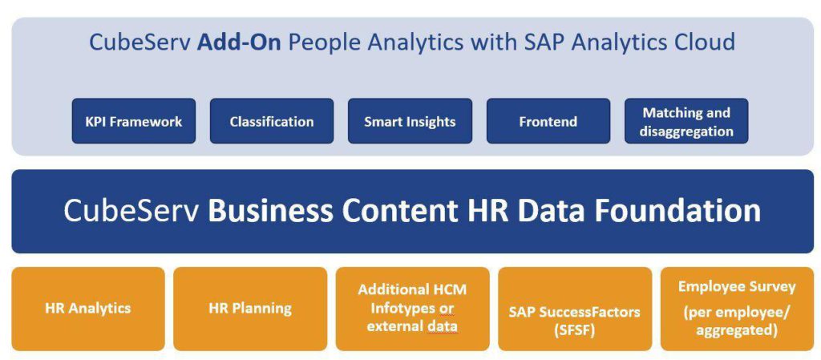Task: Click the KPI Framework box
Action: click(134, 121)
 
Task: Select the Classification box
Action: click(272, 121)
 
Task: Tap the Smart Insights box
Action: click(410, 121)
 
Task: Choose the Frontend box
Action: click(548, 121)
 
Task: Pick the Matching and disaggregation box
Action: click(686, 121)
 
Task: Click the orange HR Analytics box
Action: click(88, 309)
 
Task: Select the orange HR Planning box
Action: click(250, 309)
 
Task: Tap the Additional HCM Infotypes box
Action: click(413, 309)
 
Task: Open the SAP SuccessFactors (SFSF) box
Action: click(575, 309)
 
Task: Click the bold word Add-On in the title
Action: click(239, 42)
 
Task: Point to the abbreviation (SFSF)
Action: click(574, 331)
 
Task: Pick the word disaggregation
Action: click(686, 131)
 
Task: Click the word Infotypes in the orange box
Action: click(412, 308)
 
